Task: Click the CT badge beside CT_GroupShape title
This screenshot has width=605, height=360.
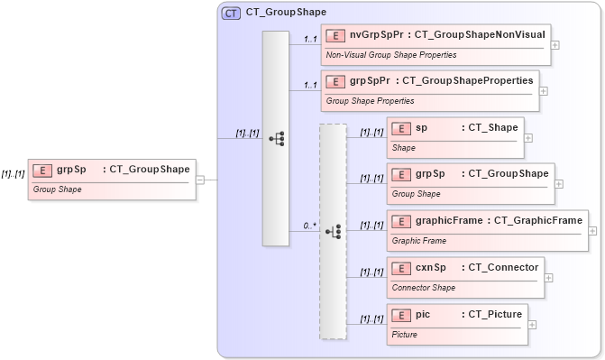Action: point(231,13)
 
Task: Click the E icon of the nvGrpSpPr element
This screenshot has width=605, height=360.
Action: point(335,37)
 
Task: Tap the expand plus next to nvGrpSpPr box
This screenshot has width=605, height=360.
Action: point(555,43)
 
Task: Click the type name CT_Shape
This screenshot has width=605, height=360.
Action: point(490,128)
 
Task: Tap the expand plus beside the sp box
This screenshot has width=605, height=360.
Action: point(528,138)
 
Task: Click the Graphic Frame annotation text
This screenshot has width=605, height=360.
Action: point(418,241)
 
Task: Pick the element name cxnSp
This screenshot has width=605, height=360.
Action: point(431,268)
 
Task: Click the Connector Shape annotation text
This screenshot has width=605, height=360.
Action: point(424,288)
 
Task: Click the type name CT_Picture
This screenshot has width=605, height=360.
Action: point(491,315)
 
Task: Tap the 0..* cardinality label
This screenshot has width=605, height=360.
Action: point(309,225)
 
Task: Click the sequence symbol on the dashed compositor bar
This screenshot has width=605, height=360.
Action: point(333,232)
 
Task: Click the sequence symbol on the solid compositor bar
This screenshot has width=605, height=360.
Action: point(276,138)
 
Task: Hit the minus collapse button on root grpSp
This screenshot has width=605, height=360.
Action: point(200,179)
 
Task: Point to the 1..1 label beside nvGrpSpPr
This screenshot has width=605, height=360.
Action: point(310,39)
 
